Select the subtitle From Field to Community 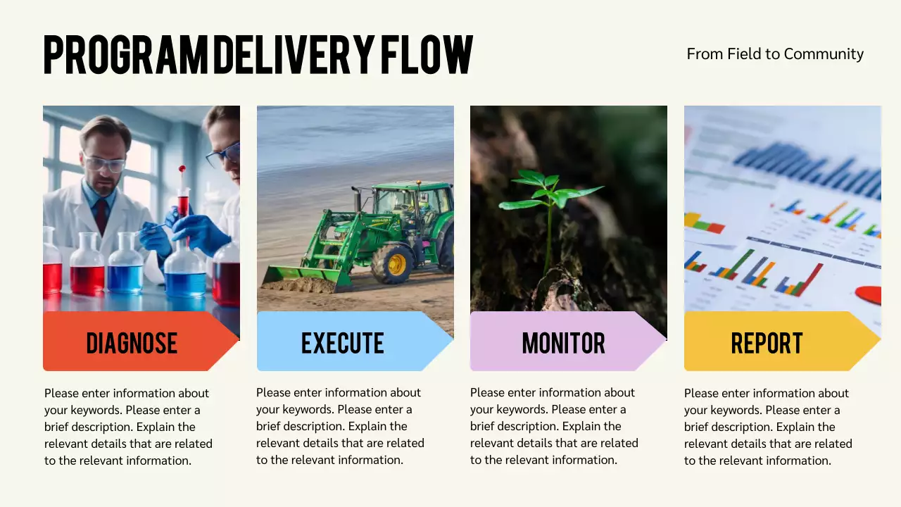click(x=775, y=54)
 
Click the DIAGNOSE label click(x=132, y=343)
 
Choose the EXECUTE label click(x=343, y=343)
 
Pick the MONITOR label click(x=563, y=343)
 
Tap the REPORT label click(x=767, y=343)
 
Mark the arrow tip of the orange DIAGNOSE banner click(x=234, y=342)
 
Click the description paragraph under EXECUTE click(x=341, y=426)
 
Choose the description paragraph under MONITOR click(x=555, y=426)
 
